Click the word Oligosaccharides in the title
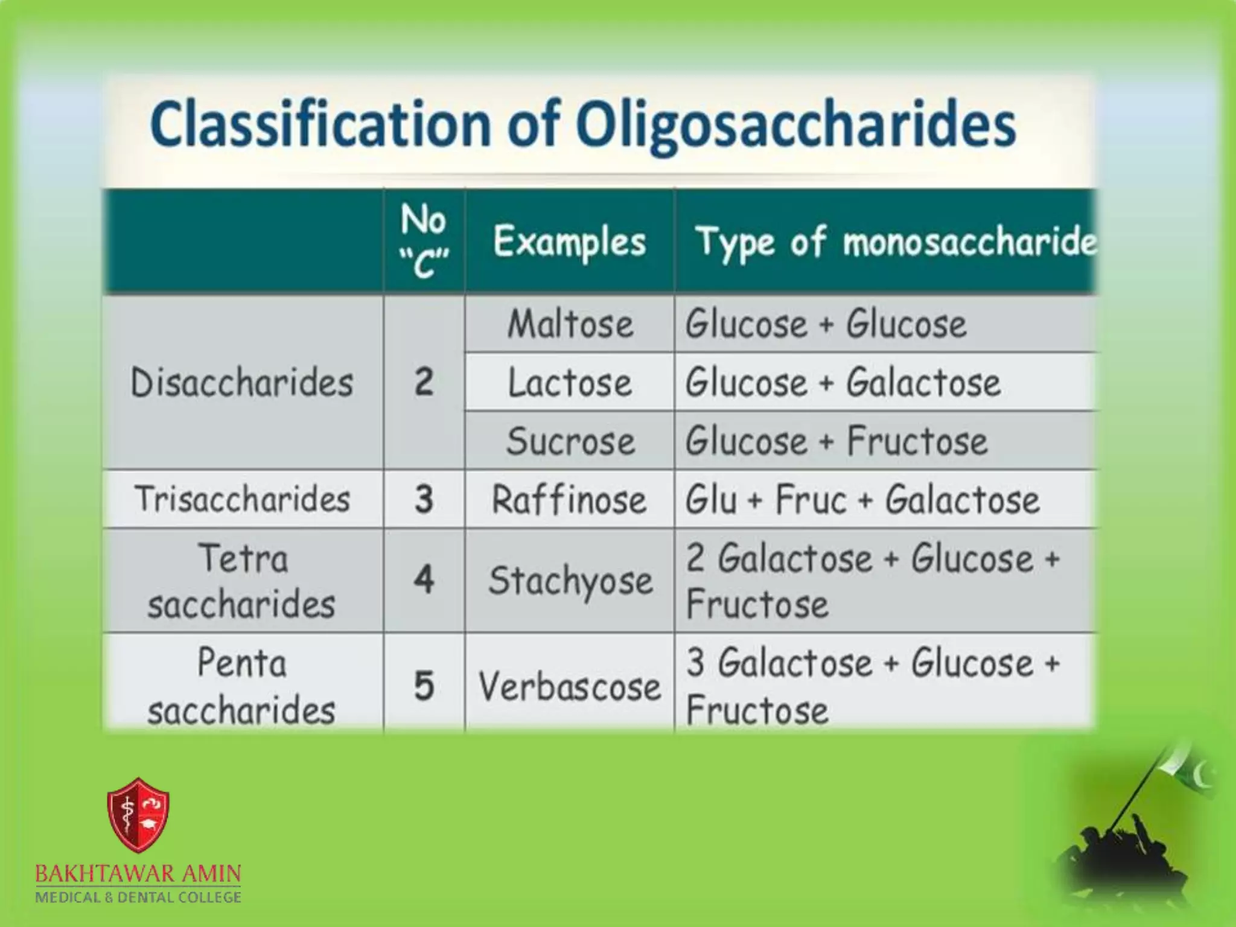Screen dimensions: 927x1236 click(x=795, y=126)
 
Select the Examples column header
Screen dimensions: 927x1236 click(x=569, y=242)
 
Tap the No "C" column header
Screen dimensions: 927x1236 click(x=424, y=241)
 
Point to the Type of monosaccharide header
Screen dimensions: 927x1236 click(x=895, y=242)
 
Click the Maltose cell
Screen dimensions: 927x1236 click(x=570, y=324)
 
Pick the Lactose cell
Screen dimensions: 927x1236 click(x=570, y=383)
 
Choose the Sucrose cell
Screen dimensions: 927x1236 click(x=570, y=441)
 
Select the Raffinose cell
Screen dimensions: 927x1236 click(x=569, y=500)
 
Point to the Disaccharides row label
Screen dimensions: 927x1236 click(x=242, y=383)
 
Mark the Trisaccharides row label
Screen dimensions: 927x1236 click(x=242, y=499)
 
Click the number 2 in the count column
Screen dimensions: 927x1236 click(x=424, y=383)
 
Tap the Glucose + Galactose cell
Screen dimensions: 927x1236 click(x=843, y=383)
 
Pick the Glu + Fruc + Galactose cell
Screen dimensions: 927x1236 click(x=862, y=500)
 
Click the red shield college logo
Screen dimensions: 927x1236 click(x=138, y=815)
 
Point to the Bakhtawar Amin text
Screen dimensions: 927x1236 click(x=138, y=873)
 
